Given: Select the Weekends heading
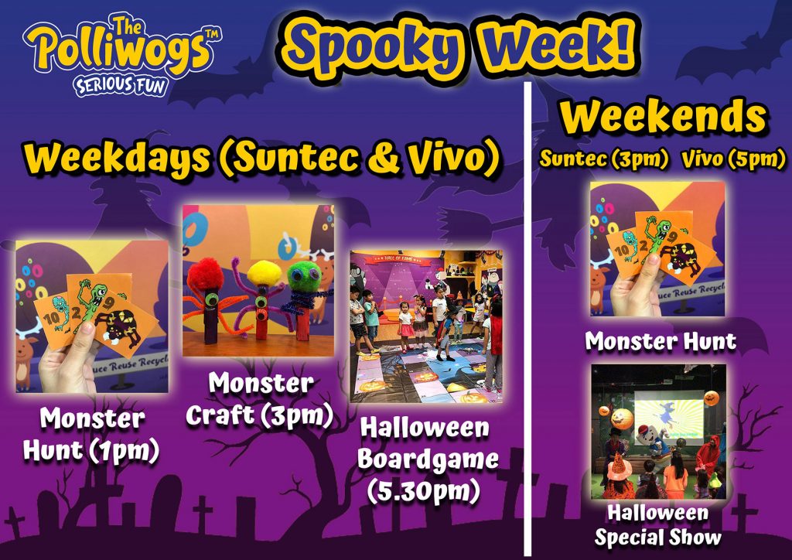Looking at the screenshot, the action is coord(663,117).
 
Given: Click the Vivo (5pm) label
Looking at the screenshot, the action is coord(733,159).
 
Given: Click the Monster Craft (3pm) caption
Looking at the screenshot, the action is coord(260,399).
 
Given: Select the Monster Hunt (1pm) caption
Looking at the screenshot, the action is coord(91,434).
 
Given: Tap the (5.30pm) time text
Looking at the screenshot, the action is coord(423,491).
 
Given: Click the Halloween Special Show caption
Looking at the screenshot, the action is coord(658,525).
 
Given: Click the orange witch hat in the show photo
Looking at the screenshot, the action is coord(620,466).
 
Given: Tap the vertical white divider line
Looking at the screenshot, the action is coord(527,318).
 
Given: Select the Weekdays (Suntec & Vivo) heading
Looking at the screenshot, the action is coord(261,158).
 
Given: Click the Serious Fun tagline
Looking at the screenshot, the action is coord(120,85).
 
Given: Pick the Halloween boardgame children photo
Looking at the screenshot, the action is coord(426,326).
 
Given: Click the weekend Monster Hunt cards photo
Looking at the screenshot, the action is coord(657,249).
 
